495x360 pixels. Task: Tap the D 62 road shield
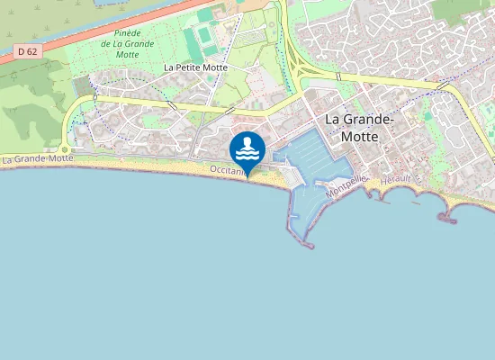28,51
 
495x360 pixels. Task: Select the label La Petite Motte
195,67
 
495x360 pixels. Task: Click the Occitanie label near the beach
227,169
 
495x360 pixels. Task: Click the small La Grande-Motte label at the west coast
38,159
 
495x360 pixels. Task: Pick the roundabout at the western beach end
66,150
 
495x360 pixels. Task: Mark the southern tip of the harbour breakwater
309,245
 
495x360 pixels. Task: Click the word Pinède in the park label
118,32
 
